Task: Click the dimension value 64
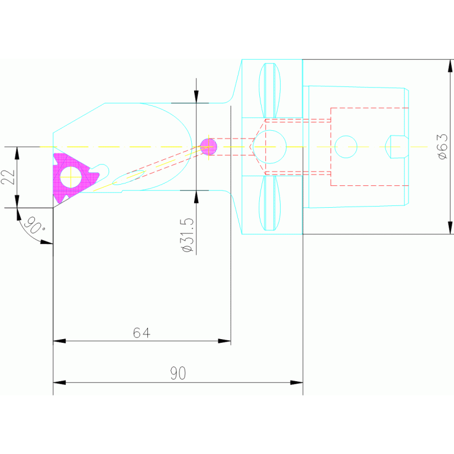pos(141,333)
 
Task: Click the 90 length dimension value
pos(178,373)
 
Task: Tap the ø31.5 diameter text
pos(188,236)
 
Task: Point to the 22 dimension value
pos(8,177)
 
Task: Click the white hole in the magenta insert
pos(71,176)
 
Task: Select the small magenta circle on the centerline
pos(208,146)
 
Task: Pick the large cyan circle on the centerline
pos(269,146)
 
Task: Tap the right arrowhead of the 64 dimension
pos(224,341)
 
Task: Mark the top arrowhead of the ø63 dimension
pos(450,65)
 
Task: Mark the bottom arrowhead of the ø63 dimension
pos(450,228)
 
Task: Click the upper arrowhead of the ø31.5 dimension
pos(196,97)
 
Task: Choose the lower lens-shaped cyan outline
pos(270,203)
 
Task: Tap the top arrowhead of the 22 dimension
pos(17,152)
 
